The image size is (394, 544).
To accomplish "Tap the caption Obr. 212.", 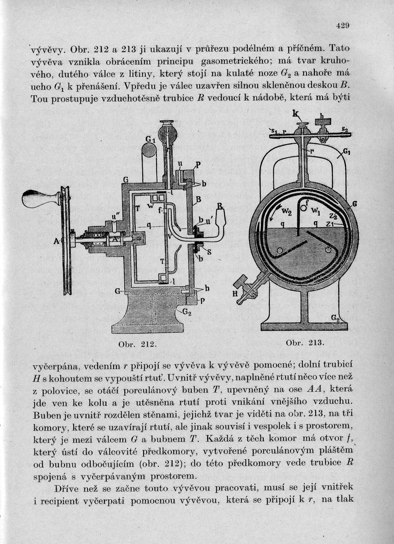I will (x=138, y=344).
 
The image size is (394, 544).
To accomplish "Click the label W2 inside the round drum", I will (x=287, y=212).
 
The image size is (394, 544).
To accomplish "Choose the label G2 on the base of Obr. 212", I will (x=186, y=312).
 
